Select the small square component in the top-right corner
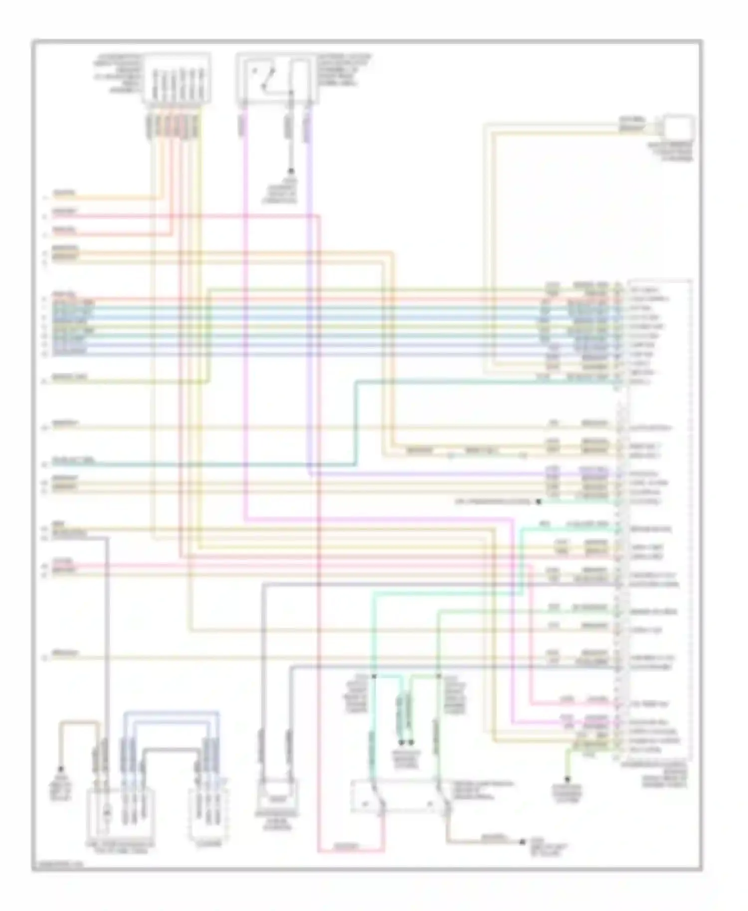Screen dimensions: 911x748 [678, 127]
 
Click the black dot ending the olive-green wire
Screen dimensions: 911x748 [567, 779]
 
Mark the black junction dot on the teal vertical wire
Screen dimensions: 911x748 [374, 676]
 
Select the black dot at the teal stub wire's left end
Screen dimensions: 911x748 [539, 502]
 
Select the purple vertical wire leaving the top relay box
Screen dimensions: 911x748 [308, 299]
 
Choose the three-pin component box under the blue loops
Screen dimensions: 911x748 [208, 812]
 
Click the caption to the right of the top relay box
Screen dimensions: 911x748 [344, 70]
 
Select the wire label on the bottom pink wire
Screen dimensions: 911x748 [345, 846]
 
